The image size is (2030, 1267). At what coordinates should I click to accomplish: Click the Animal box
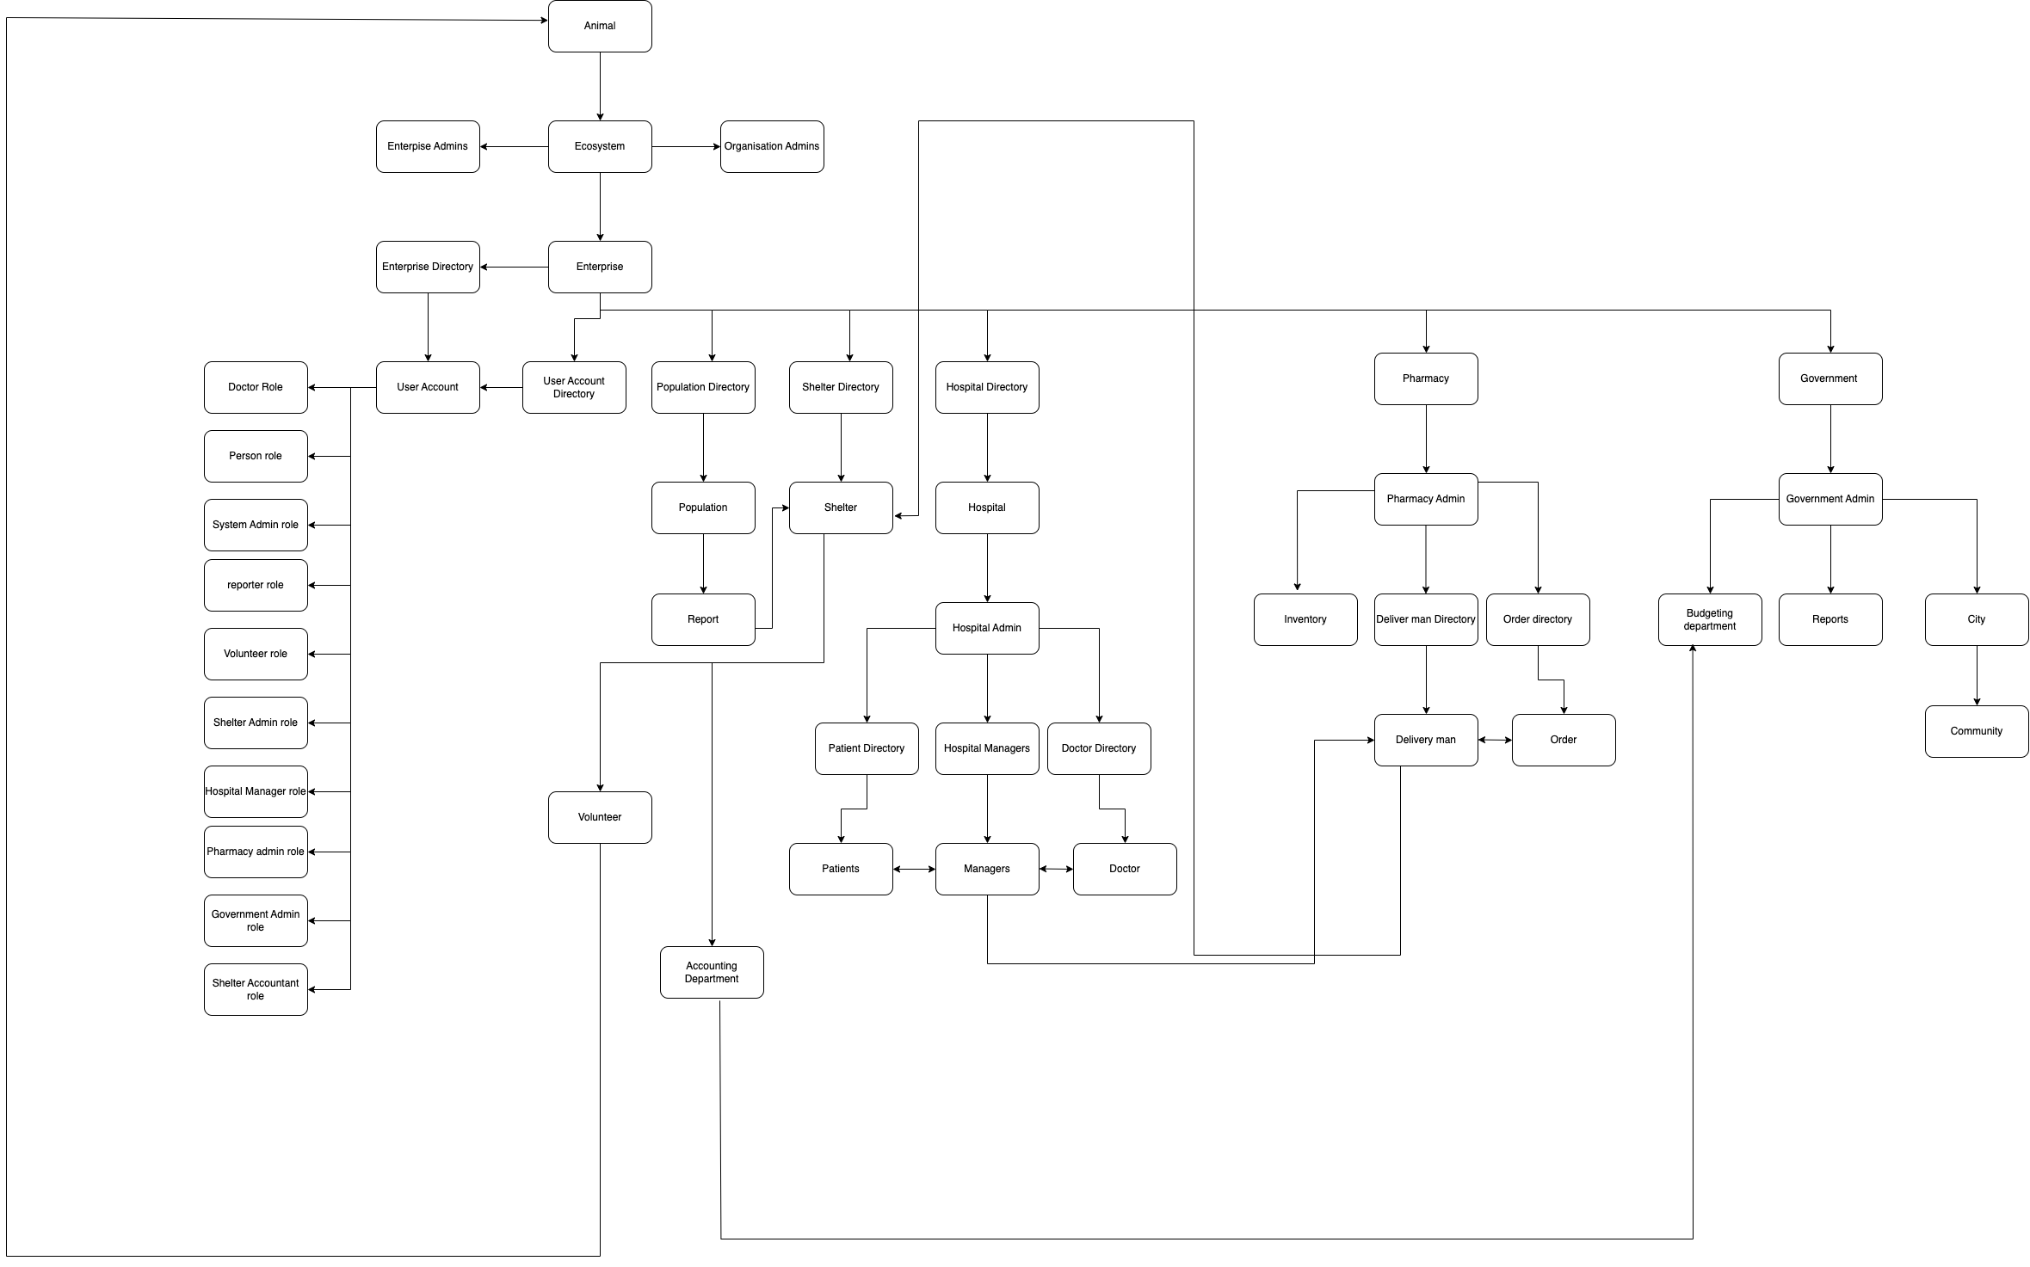[600, 26]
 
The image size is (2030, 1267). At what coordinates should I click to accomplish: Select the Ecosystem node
[600, 146]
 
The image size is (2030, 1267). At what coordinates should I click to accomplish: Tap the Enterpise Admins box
[428, 146]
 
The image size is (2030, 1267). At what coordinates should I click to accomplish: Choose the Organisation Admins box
[772, 146]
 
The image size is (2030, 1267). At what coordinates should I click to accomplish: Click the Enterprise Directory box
[428, 267]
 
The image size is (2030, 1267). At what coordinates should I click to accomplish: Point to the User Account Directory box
[574, 387]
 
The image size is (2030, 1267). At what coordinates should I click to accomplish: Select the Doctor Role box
[256, 387]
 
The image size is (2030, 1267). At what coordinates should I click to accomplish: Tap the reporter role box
[256, 585]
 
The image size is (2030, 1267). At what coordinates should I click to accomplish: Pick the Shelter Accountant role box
[256, 989]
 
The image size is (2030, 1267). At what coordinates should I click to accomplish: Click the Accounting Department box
[712, 972]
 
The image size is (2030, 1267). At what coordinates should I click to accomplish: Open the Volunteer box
[600, 817]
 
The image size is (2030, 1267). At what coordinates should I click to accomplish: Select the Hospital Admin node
[987, 628]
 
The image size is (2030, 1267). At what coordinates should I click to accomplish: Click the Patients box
[841, 869]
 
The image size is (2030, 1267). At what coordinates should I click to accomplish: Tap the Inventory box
[1305, 619]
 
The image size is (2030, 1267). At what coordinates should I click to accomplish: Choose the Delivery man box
[1426, 740]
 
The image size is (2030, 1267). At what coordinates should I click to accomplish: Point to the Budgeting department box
[1710, 619]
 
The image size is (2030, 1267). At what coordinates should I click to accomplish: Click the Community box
[1977, 731]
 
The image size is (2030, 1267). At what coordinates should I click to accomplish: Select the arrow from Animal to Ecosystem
[600, 86]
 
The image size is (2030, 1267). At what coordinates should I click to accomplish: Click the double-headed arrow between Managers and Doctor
[1056, 869]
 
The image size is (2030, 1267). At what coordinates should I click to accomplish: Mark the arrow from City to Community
[1977, 675]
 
